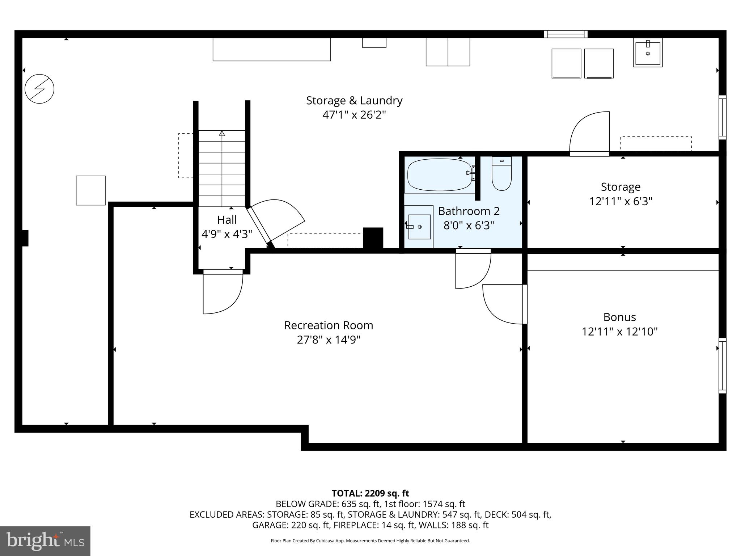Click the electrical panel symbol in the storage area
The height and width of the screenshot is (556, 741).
point(39,89)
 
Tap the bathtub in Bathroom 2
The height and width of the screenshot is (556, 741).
point(440,175)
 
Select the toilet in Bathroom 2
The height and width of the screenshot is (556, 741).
point(501,175)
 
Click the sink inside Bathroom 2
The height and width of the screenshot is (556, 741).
point(419,227)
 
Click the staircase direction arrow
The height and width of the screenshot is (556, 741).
point(222,134)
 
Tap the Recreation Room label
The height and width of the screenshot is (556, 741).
point(329,325)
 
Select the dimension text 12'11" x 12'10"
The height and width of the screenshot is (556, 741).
point(619,332)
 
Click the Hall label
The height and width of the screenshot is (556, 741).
point(227,220)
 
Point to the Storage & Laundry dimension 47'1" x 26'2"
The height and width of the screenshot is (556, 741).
point(354,115)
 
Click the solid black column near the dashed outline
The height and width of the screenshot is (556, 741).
point(373,237)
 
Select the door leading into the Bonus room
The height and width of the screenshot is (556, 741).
point(505,304)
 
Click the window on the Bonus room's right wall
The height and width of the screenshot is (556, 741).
point(722,366)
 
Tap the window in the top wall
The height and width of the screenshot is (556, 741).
point(566,34)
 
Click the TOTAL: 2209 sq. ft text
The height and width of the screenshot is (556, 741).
point(370,493)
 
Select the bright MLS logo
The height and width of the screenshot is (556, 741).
point(45,541)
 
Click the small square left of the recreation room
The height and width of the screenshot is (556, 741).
point(90,190)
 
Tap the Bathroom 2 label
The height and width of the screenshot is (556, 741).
point(469,211)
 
